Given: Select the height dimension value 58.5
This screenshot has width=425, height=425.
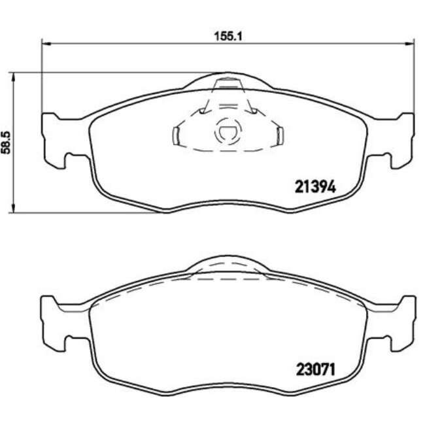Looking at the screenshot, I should (8, 142).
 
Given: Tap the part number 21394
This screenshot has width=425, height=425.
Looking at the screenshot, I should (312, 186).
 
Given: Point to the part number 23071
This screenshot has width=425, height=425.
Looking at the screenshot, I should (312, 369).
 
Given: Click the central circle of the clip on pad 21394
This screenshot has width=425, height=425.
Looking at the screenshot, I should (226, 133).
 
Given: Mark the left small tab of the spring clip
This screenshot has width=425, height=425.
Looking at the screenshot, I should (175, 135).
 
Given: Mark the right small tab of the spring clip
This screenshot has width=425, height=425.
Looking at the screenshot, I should (279, 135).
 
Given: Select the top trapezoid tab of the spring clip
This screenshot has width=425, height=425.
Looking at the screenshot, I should (227, 84).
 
